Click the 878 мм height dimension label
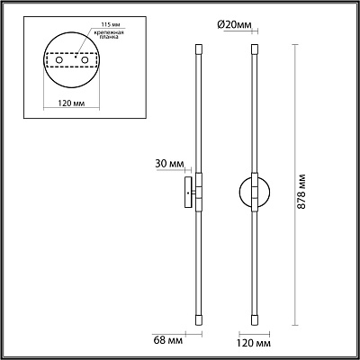(301, 191)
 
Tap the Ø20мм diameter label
(234, 25)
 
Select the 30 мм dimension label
(169, 164)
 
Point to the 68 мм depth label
(167, 341)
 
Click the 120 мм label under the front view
(254, 343)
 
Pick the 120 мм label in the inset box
(71, 103)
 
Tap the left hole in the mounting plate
(59, 60)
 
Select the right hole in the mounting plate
(85, 60)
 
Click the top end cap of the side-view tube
(199, 49)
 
